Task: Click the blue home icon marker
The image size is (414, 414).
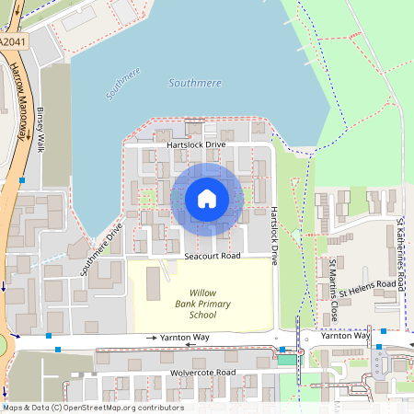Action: [x=207, y=199]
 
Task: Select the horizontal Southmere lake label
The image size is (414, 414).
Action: [x=196, y=83]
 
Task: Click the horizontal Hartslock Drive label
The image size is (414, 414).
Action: [x=196, y=145]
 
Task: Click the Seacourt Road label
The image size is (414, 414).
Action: [x=212, y=255]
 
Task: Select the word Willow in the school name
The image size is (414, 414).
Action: [x=202, y=292]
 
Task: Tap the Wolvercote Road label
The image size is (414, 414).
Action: [x=202, y=373]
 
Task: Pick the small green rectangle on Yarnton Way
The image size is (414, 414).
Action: [x=287, y=359]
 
